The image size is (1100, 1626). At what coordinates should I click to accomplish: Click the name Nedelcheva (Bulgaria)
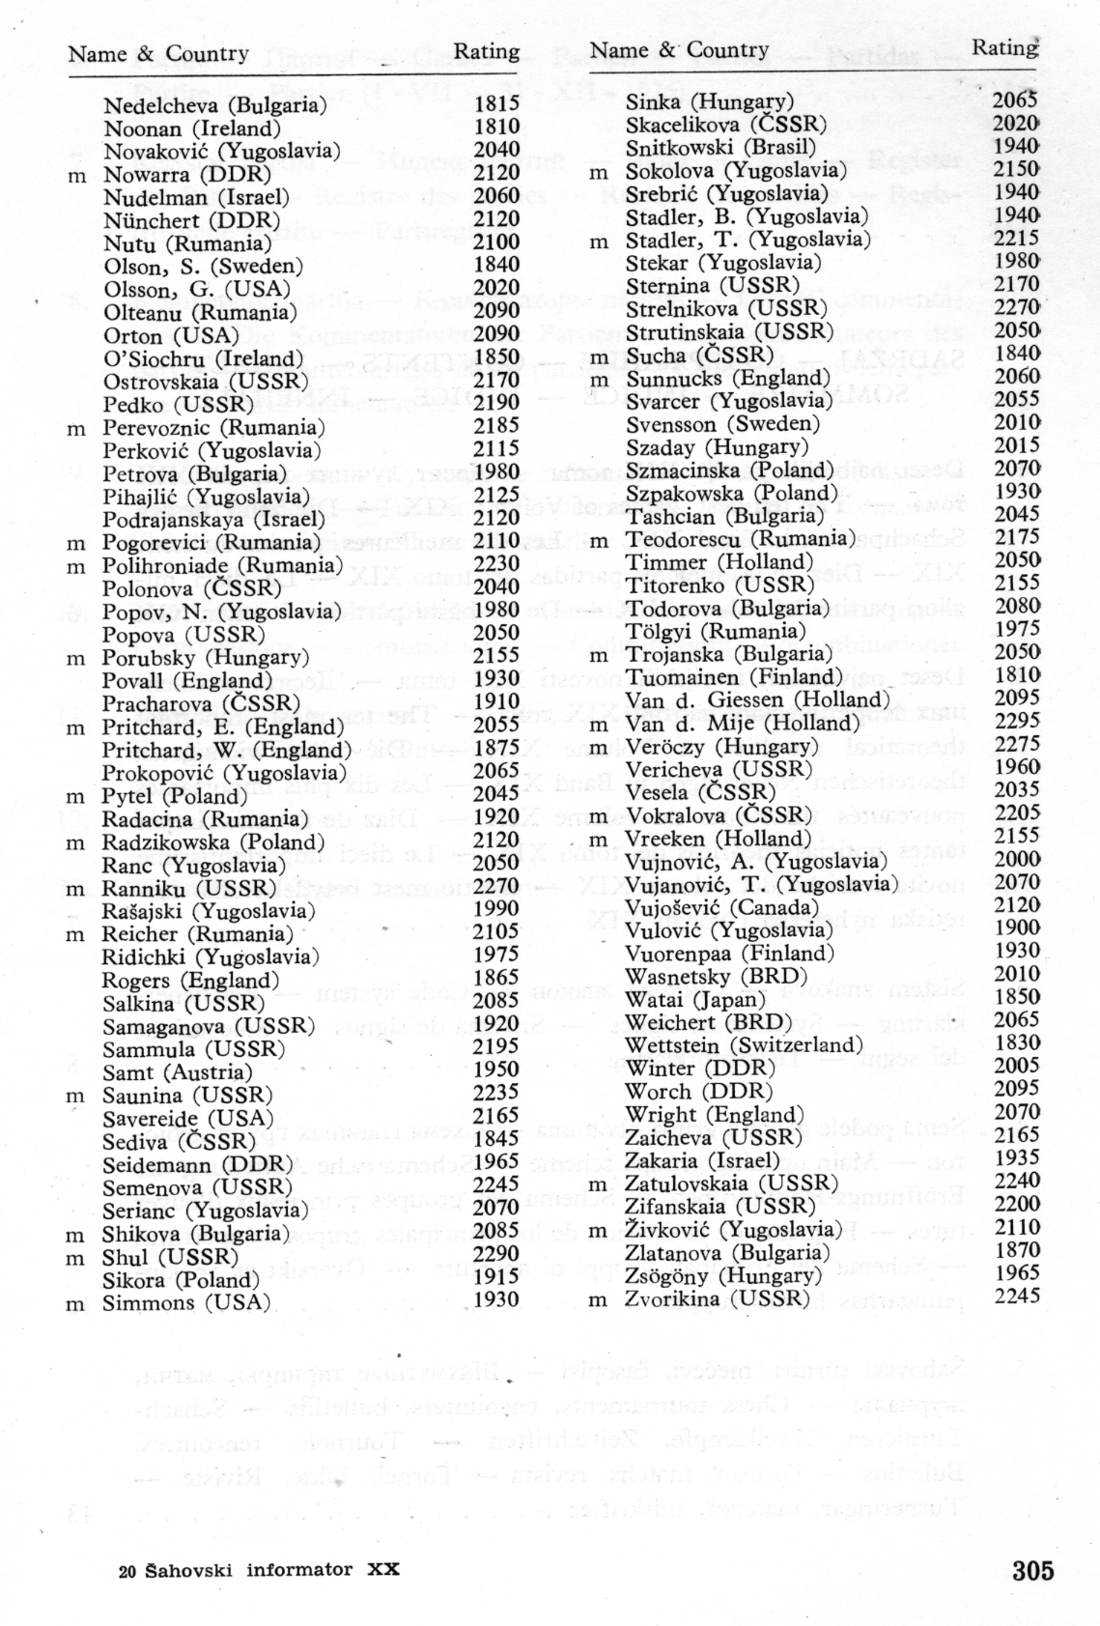point(215,104)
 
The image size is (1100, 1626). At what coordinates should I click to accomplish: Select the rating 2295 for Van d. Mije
point(1016,721)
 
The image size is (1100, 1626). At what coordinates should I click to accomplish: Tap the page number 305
point(1032,1570)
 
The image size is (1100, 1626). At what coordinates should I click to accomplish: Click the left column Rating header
point(487,50)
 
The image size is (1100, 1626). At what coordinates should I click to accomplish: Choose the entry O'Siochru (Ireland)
point(203,358)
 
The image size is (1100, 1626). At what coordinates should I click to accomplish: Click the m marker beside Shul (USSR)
point(75,1258)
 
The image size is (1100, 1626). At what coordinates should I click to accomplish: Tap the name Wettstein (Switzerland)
point(744,1044)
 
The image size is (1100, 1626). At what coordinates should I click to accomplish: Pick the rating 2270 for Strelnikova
point(1016,306)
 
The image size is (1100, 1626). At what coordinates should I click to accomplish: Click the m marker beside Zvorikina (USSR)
point(598,1299)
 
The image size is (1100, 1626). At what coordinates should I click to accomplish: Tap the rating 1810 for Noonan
point(496,127)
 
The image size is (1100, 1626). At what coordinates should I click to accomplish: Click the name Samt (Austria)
point(177,1072)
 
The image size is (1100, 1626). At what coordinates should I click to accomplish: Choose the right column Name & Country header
point(679,49)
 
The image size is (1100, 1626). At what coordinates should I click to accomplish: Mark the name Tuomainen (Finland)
point(734,676)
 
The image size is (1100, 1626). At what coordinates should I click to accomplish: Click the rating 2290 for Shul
point(495,1257)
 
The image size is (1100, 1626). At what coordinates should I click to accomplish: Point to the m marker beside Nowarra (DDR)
point(75,175)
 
